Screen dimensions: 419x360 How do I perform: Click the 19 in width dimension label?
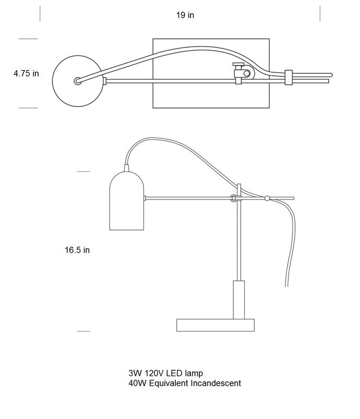(x=185, y=15)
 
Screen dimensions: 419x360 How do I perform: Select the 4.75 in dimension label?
(x=26, y=74)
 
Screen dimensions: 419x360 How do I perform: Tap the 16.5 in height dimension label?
(x=77, y=250)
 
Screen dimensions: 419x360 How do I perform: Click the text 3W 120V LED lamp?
(x=165, y=373)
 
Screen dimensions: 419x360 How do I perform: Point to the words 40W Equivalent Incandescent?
(x=185, y=383)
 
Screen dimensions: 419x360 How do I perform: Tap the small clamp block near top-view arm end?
(x=288, y=78)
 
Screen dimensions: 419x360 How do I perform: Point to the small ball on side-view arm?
(x=267, y=199)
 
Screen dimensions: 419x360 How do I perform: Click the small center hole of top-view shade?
(x=77, y=81)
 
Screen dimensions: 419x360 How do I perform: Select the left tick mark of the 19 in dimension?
(x=40, y=15)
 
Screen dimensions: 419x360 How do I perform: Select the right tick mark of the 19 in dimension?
(x=320, y=15)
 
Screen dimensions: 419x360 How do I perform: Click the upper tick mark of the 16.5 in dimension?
(x=84, y=171)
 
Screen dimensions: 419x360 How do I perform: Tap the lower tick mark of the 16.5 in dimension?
(x=84, y=331)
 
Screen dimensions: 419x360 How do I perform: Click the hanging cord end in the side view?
(x=286, y=284)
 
